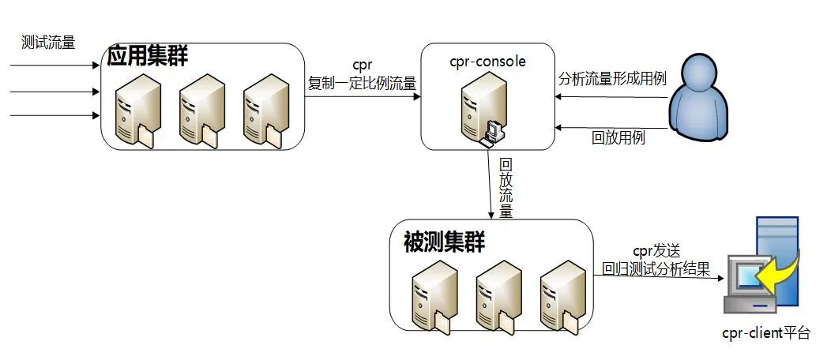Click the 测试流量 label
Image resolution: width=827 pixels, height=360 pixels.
(x=48, y=43)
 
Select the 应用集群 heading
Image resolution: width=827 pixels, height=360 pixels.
(x=147, y=56)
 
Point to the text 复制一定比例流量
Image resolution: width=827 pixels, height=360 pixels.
(x=363, y=83)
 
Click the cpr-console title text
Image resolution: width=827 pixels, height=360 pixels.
(x=488, y=61)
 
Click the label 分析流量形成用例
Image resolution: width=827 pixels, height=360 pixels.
(x=612, y=79)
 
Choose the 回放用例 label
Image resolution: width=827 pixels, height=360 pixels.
(x=618, y=138)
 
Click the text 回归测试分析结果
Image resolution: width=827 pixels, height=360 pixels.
(x=656, y=268)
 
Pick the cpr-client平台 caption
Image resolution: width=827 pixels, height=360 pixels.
(x=766, y=332)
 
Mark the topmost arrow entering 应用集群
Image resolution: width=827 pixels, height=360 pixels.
(x=55, y=66)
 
